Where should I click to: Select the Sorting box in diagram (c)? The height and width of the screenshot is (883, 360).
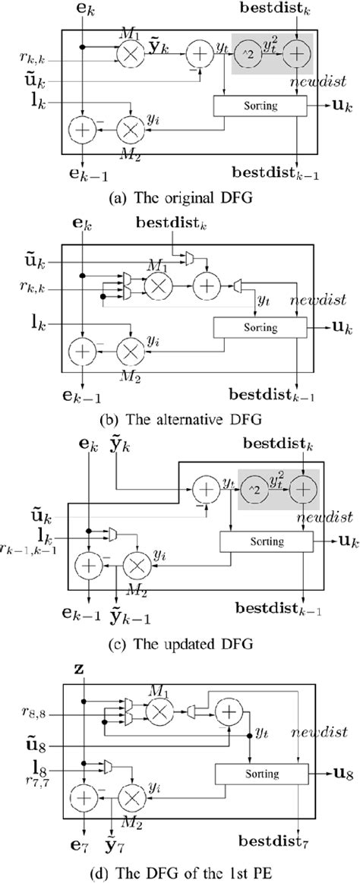pyautogui.click(x=266, y=541)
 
